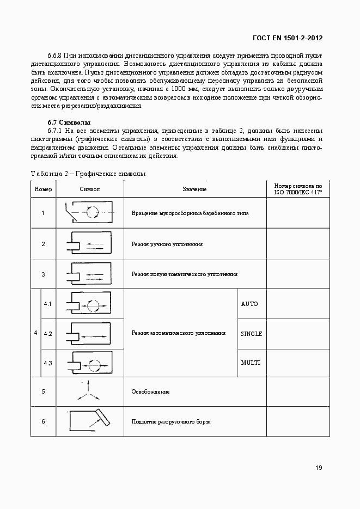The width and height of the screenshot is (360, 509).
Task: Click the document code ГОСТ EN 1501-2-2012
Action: coord(288,38)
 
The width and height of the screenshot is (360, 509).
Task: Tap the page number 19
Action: coord(319,468)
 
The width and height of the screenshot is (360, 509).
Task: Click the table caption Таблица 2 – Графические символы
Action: coord(88,173)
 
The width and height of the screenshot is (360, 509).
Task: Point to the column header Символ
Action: coord(90,189)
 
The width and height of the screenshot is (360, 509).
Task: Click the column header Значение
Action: coord(194,189)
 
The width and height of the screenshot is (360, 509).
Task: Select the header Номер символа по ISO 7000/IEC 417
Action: coord(298,189)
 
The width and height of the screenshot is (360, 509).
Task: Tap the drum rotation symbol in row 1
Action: coord(89,212)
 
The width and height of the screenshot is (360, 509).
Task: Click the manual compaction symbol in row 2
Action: coord(89,243)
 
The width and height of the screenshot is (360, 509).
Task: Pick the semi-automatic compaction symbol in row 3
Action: coord(89,274)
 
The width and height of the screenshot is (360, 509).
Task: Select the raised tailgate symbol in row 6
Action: coord(89,421)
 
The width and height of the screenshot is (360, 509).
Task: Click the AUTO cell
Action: coord(249,304)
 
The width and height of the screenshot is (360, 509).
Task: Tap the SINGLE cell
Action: coord(251,333)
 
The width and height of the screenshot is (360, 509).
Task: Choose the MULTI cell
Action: coord(250,363)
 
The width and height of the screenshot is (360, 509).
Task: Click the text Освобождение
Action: coord(150,391)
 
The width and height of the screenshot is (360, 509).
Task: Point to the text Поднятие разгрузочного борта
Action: coord(170,422)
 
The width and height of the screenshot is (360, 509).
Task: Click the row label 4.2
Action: coord(47,333)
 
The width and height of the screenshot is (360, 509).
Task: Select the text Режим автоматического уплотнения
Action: coord(178,333)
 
